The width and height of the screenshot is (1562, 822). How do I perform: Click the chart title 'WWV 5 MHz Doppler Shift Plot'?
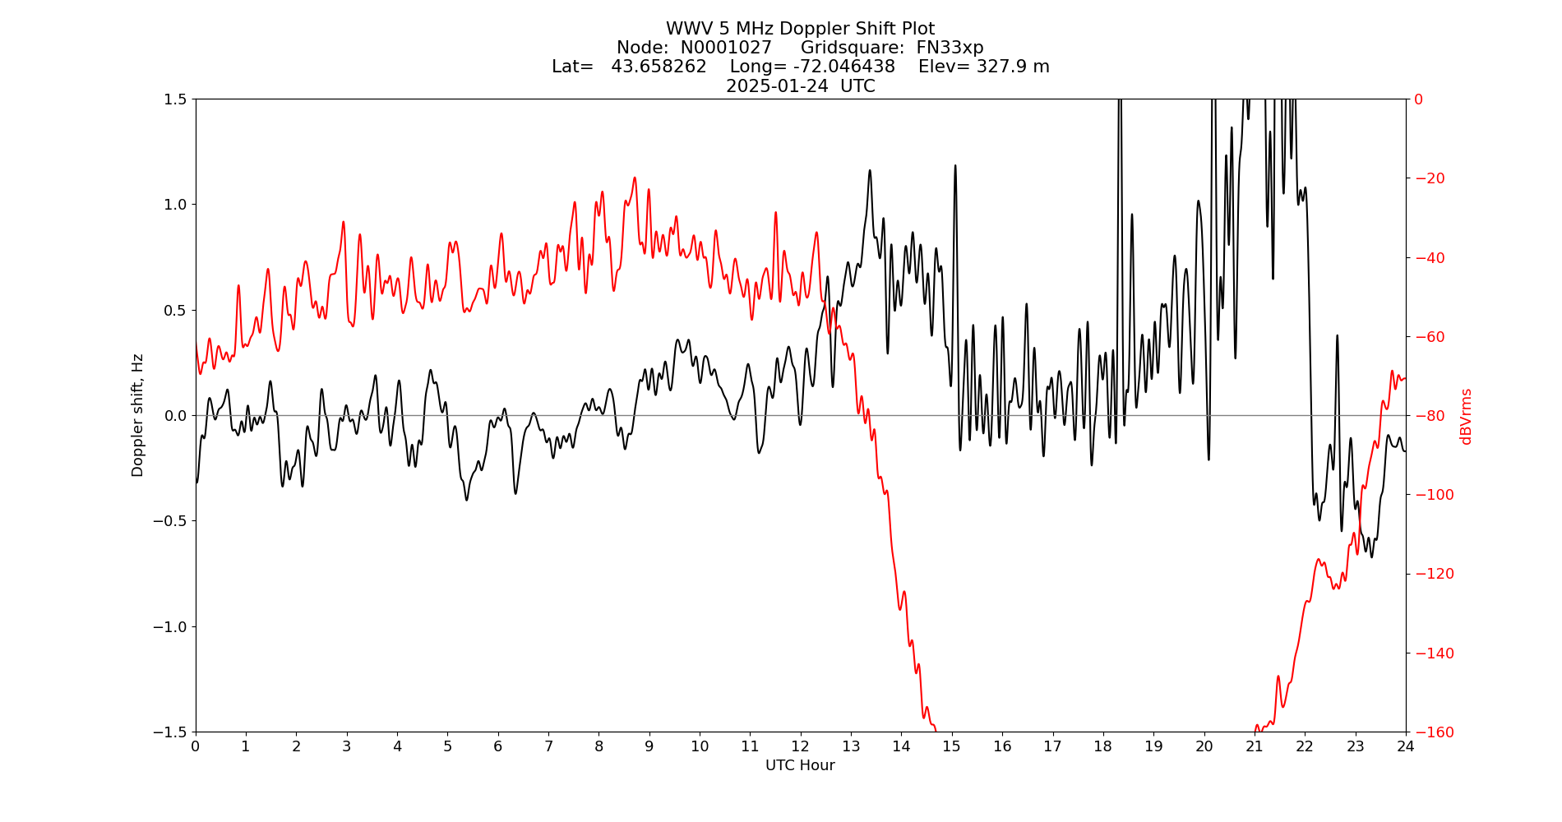pyautogui.click(x=800, y=30)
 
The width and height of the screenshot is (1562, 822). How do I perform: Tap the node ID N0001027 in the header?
pyautogui.click(x=726, y=48)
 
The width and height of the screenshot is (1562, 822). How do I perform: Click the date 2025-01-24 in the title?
pyautogui.click(x=777, y=86)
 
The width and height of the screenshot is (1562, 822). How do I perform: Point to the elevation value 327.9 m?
pyautogui.click(x=1012, y=67)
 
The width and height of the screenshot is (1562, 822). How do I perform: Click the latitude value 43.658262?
pyautogui.click(x=659, y=67)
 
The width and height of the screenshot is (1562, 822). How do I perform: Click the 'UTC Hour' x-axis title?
pyautogui.click(x=800, y=765)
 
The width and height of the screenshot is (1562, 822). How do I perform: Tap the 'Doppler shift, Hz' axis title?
pyautogui.click(x=137, y=415)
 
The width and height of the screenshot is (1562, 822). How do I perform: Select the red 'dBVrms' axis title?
pyautogui.click(x=1466, y=416)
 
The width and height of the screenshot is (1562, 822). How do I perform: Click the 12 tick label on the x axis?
pyautogui.click(x=800, y=746)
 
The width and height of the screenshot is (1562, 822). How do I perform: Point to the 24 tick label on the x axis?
pyautogui.click(x=1406, y=746)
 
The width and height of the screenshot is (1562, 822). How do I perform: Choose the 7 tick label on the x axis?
pyautogui.click(x=548, y=746)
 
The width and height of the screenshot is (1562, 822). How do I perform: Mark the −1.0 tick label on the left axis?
pyautogui.click(x=170, y=626)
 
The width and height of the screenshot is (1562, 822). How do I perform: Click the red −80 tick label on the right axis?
pyautogui.click(x=1429, y=416)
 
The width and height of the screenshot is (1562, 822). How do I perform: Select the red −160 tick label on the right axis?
pyautogui.click(x=1431, y=732)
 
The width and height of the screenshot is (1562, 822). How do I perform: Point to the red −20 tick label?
pyautogui.click(x=1429, y=178)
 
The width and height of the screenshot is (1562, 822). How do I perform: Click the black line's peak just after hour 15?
pyautogui.click(x=955, y=165)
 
